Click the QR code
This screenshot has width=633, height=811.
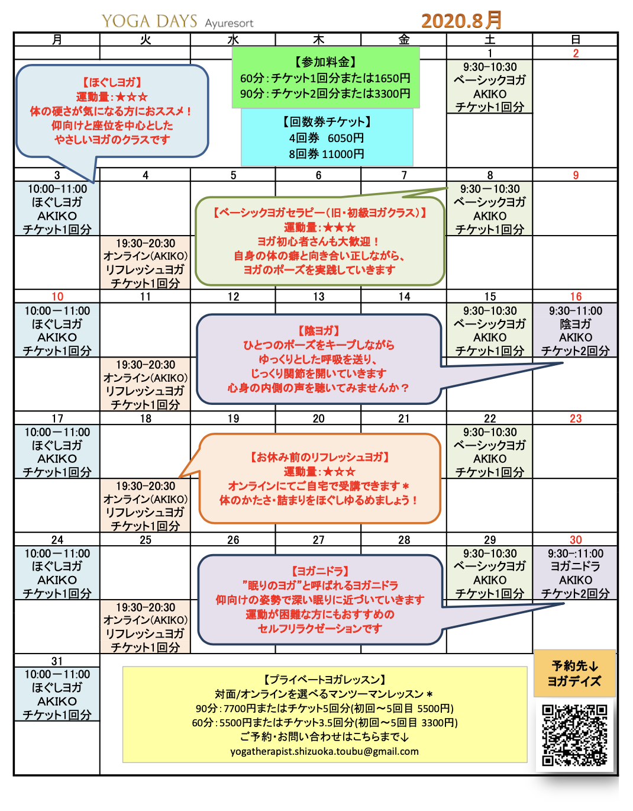point(574,735)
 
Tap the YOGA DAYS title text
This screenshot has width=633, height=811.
point(149,21)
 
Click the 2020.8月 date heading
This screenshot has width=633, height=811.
point(461,21)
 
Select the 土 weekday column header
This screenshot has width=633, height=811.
point(490,40)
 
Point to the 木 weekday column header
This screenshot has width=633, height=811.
point(318,40)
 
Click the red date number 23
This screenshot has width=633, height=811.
point(576,419)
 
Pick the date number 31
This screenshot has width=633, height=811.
point(57,661)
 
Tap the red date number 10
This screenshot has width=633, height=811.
point(57,297)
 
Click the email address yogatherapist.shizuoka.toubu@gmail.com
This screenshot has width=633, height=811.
point(324,751)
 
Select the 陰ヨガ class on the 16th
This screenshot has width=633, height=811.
point(576,330)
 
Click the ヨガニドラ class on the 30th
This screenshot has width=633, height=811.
point(576,573)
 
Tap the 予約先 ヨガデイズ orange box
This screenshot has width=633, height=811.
point(574,674)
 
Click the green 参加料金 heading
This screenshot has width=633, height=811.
point(325,62)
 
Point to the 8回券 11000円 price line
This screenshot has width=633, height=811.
point(327,154)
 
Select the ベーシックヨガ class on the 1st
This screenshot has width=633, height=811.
point(490,86)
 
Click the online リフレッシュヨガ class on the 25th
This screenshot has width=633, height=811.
point(146,627)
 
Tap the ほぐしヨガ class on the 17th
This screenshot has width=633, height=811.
point(57,452)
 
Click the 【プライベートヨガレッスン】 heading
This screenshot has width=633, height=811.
point(324,680)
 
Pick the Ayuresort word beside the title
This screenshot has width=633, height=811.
point(229,24)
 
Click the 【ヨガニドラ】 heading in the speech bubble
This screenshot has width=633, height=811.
point(320,571)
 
